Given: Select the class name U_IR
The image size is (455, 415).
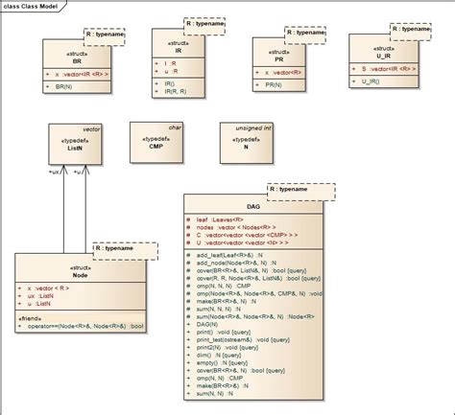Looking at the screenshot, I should (x=381, y=55).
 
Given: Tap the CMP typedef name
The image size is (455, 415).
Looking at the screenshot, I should (x=156, y=146).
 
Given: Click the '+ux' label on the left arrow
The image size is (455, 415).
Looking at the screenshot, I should (x=57, y=173).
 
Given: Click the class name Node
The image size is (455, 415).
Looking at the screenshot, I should (x=80, y=273).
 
